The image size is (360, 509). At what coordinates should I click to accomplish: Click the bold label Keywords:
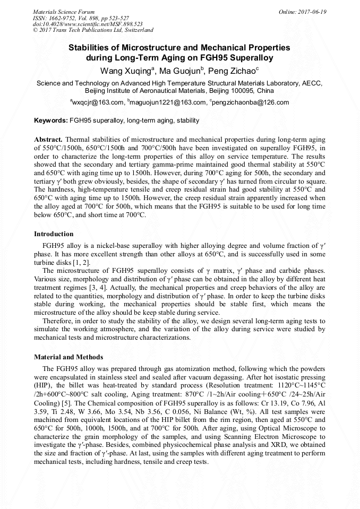coord(51,120)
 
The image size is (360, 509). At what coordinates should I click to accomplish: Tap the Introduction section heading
coord(54,234)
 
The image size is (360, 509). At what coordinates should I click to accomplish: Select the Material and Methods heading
coord(68,357)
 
